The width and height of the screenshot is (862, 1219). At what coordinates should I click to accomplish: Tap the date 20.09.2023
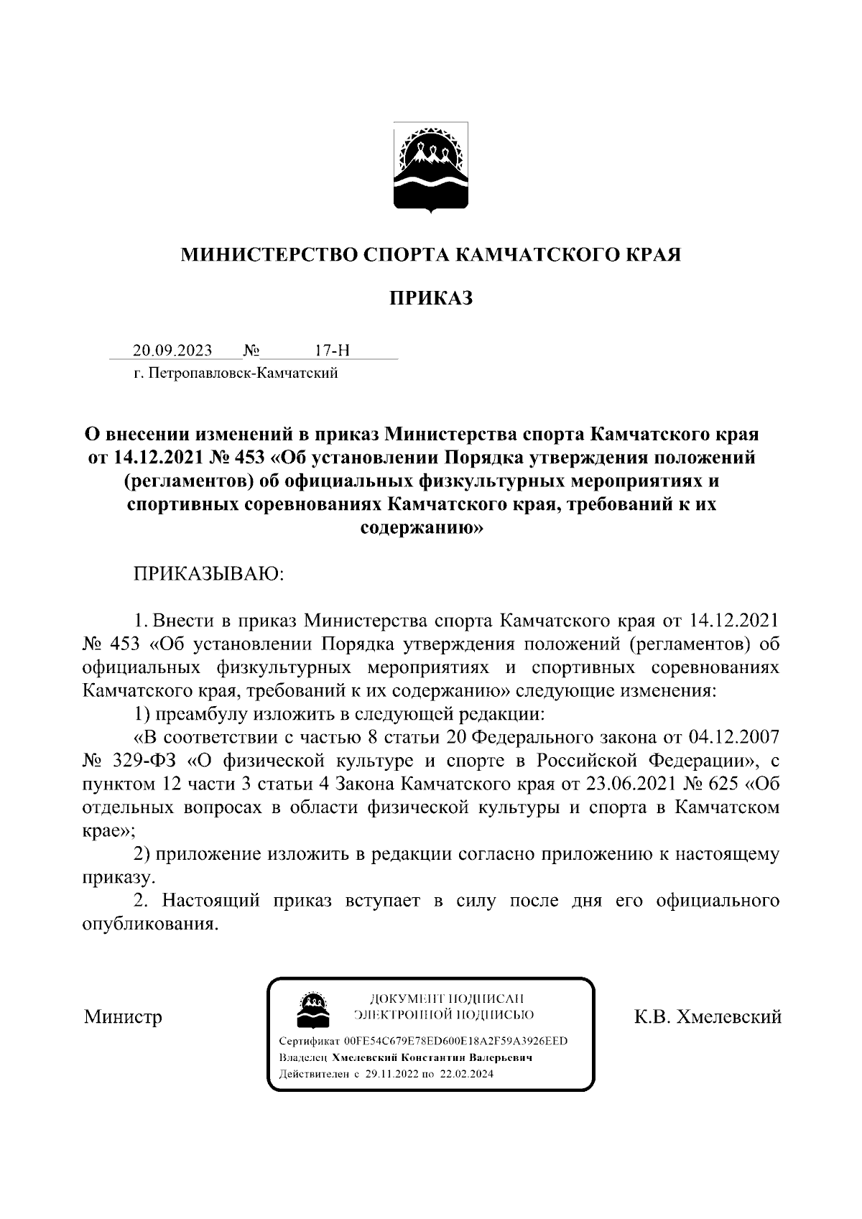(172, 351)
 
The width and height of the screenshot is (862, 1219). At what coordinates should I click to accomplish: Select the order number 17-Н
(332, 351)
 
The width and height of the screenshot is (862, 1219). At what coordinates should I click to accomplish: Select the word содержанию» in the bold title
(430, 528)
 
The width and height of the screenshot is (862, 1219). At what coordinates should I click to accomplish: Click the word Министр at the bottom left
(123, 1017)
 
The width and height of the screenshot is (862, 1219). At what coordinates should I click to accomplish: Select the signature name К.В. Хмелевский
(707, 1017)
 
